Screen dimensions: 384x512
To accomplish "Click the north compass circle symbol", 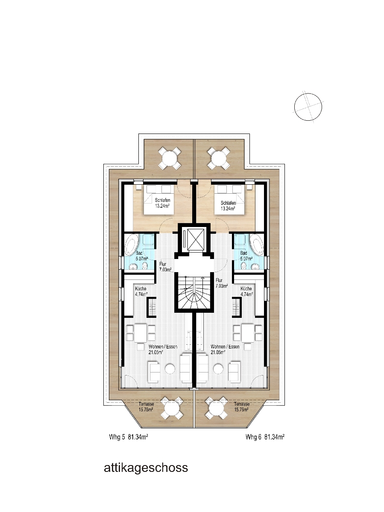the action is coord(308,107).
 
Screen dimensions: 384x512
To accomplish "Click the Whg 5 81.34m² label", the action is coord(129,436).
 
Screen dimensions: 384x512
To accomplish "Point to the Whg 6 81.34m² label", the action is coord(265,436).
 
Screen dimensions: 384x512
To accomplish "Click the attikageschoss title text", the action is coord(146,468).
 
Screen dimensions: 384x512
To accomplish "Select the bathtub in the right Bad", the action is coord(257,245).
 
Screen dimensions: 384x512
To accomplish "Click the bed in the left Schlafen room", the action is coord(159,199).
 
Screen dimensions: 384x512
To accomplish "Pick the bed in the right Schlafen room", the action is coord(229,199).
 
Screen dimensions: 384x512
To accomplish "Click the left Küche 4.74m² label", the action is coord(141,291).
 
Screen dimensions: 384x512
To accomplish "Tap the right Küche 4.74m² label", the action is coord(247,291).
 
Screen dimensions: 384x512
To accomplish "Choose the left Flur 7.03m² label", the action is coord(165,267).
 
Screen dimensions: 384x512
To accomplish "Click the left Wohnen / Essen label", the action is coord(163,346).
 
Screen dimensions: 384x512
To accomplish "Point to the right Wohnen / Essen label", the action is coord(225,346).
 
